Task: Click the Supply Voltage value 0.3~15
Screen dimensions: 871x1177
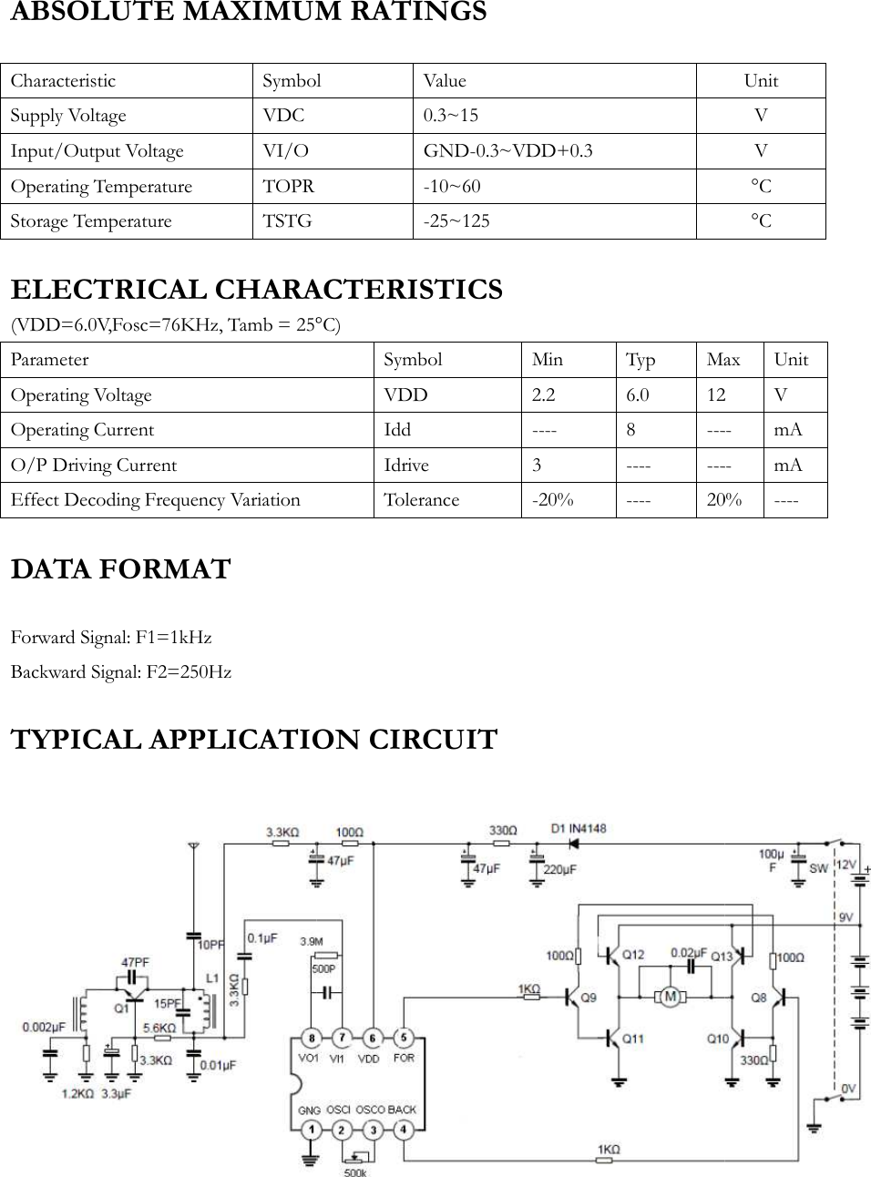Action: (450, 116)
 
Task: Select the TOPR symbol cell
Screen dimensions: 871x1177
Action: (288, 186)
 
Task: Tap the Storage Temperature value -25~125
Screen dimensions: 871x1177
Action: (456, 221)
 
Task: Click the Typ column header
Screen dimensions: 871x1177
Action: (640, 359)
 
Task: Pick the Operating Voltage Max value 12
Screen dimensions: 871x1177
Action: (716, 394)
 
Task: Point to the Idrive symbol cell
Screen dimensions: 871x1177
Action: (406, 465)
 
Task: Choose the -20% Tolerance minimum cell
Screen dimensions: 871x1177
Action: (552, 500)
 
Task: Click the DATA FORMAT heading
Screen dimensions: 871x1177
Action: (120, 569)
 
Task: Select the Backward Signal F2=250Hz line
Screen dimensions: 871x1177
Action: (121, 672)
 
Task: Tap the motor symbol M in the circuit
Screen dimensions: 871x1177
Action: (670, 997)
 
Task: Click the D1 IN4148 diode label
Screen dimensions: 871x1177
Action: (579, 829)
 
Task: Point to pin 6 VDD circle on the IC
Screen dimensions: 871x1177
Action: (371, 1038)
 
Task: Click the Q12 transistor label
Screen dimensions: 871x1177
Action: (632, 955)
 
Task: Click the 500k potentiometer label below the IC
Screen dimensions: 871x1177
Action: (354, 1172)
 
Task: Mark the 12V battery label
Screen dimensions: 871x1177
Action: (846, 864)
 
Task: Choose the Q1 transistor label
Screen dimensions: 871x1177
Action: (120, 1008)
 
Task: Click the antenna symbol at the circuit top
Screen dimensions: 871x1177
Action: (192, 847)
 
